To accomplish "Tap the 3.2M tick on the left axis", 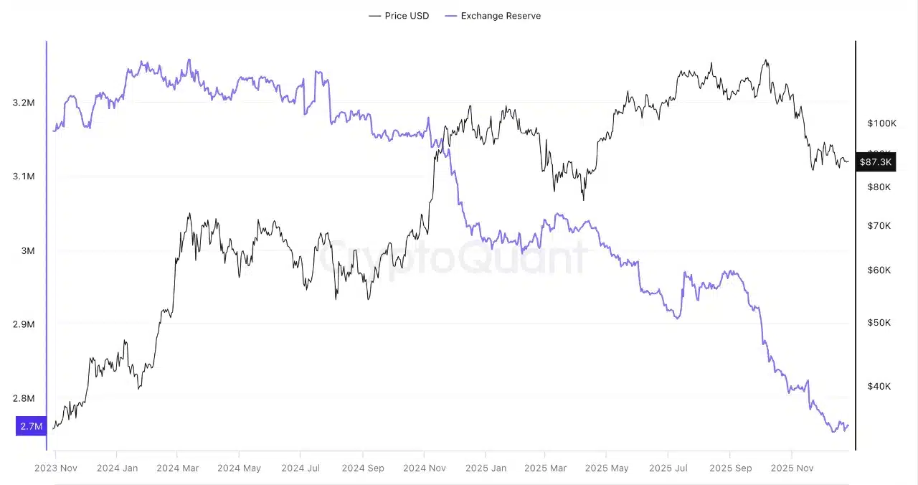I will click(x=24, y=103).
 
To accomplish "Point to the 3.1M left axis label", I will click(x=24, y=176).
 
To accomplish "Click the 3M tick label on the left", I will click(x=28, y=250).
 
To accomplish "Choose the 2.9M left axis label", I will click(x=24, y=324).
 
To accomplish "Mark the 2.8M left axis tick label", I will click(x=24, y=398).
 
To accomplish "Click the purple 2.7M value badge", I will click(x=31, y=426).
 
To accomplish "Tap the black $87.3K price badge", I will click(x=875, y=162).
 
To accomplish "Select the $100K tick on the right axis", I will click(x=881, y=123).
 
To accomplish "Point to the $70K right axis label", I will click(x=879, y=226).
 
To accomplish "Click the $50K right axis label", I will click(x=879, y=323).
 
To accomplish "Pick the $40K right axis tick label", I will click(x=879, y=387).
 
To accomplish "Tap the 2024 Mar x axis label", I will click(x=177, y=468).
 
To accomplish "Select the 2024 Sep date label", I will click(x=362, y=468).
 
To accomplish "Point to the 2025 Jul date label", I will click(x=668, y=468).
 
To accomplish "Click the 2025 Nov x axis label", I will click(x=791, y=468).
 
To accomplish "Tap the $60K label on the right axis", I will click(x=879, y=270).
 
